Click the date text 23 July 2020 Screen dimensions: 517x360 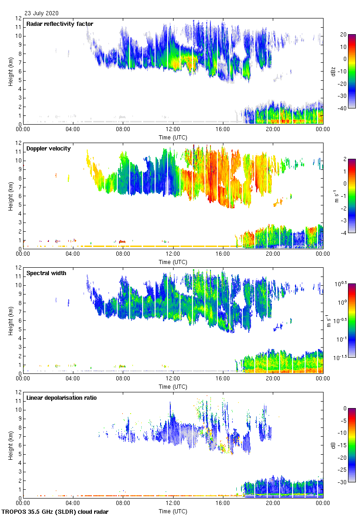(42, 13)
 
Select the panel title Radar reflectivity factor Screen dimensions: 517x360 (60, 24)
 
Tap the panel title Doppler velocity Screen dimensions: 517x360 (48, 148)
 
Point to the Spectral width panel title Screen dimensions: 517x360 (46, 273)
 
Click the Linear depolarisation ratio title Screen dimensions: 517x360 (61, 397)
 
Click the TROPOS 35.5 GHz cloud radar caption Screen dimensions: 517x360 (55, 512)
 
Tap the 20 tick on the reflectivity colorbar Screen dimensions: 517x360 (343, 35)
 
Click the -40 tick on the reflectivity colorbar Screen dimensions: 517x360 (343, 108)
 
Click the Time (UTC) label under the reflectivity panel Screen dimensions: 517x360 (173, 137)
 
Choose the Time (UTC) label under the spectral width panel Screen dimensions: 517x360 (173, 386)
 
